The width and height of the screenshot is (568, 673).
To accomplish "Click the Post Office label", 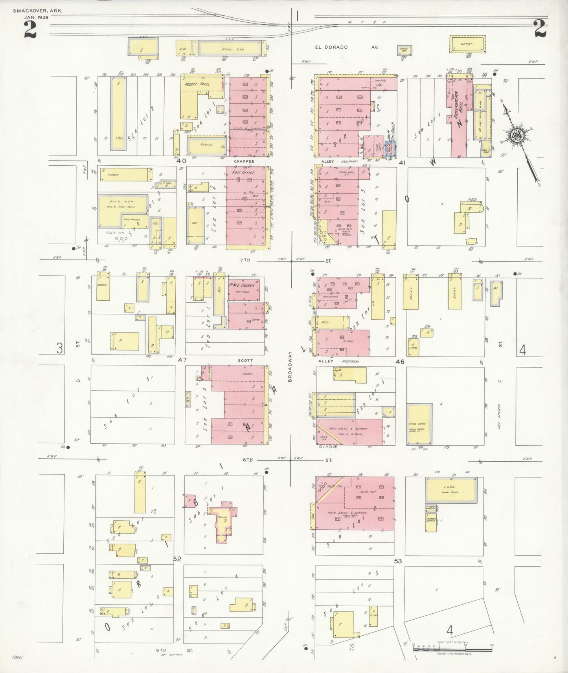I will [x=244, y=172].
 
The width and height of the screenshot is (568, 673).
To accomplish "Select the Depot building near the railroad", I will [x=467, y=44].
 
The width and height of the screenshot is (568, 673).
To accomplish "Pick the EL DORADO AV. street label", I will [x=346, y=47].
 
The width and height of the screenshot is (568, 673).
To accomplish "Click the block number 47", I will [x=182, y=360].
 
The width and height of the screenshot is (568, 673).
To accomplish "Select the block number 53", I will [x=398, y=561].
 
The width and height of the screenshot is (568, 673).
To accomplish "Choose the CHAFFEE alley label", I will [x=244, y=161].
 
